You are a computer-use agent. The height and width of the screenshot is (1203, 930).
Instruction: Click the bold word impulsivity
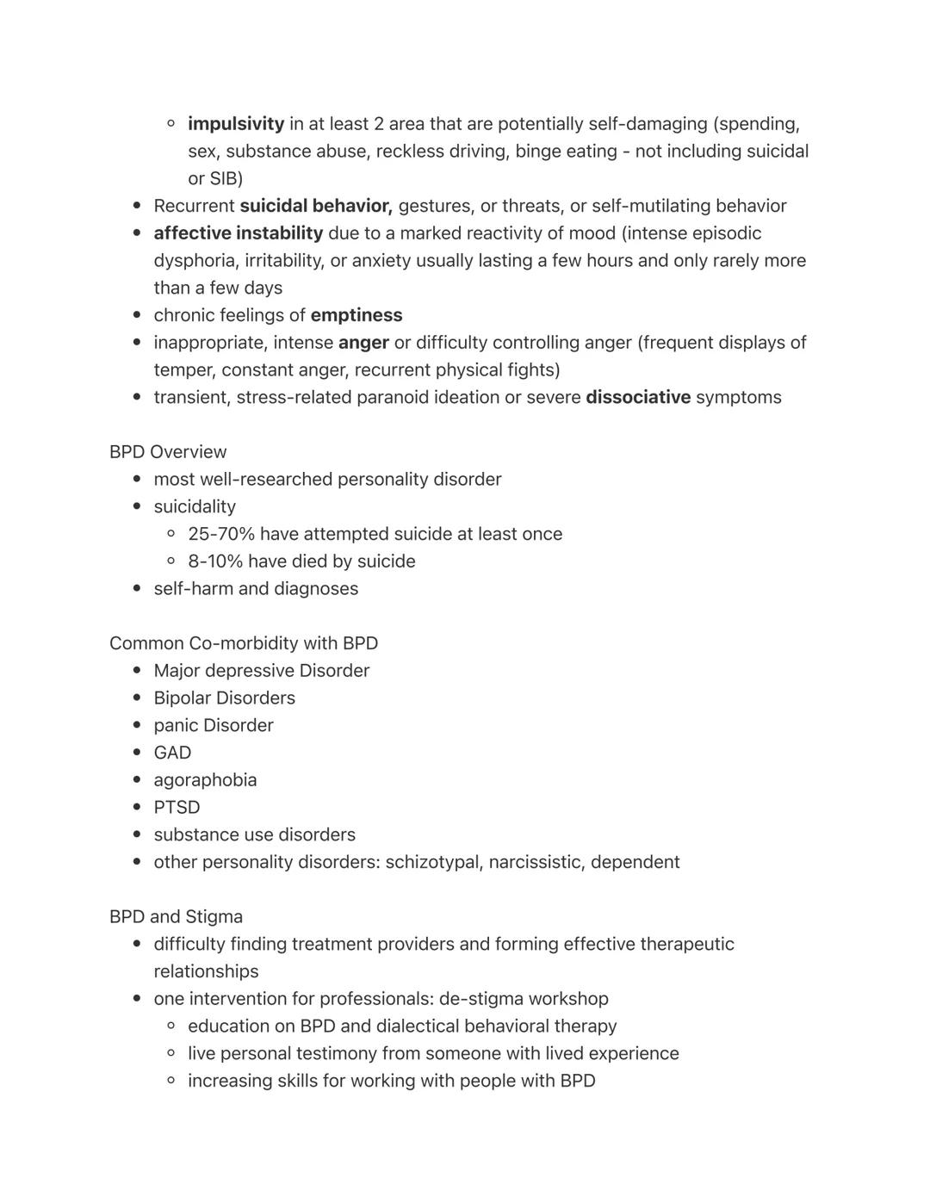236,124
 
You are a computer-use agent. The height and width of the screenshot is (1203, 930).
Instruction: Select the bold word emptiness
356,315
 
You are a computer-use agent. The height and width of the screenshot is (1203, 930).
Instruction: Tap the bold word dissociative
638,397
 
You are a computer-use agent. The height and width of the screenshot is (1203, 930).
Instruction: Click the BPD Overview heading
168,452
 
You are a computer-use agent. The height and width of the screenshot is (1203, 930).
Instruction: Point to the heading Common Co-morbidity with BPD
244,643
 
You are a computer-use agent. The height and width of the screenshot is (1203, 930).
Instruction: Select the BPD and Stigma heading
176,916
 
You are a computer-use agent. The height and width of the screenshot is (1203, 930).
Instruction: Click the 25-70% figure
221,534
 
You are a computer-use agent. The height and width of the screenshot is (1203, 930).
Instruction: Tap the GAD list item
172,753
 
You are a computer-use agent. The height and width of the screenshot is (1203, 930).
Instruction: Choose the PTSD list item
177,808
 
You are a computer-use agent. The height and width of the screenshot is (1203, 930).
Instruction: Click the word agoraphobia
205,780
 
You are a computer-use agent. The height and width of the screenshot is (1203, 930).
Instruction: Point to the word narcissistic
536,862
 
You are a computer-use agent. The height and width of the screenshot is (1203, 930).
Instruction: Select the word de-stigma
480,999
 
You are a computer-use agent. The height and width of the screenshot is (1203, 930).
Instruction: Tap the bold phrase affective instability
239,233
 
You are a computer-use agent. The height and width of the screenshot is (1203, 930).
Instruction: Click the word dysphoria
195,261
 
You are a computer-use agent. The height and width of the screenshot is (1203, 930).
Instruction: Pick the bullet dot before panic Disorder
137,725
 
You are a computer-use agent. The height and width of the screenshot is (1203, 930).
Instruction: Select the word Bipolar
182,698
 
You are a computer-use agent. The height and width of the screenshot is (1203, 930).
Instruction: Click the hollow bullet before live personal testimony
171,1053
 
